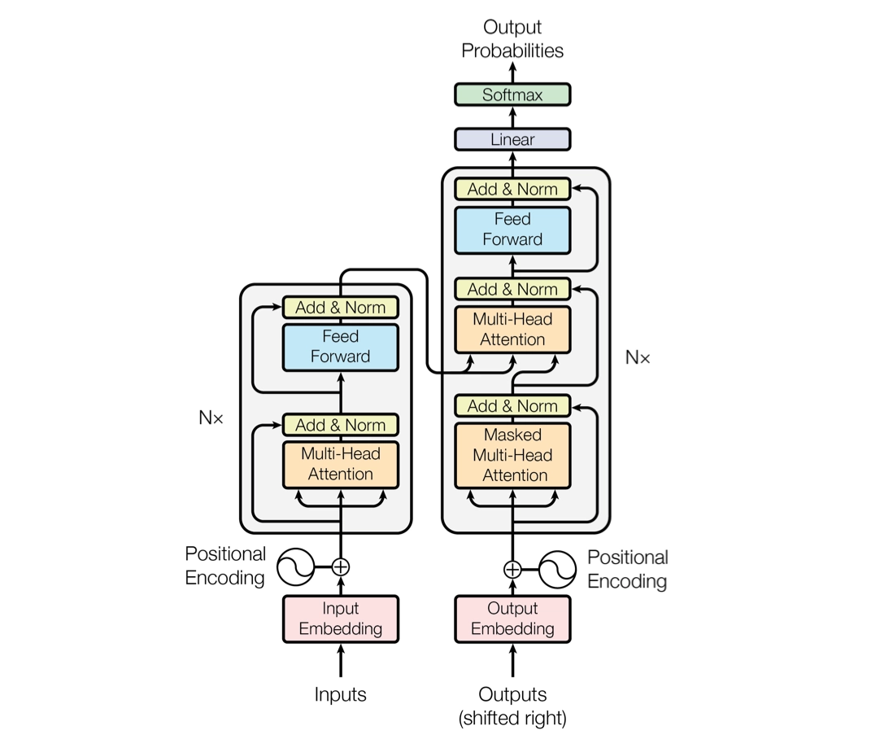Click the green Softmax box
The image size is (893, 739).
click(x=512, y=94)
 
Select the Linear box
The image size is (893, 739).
click(x=512, y=140)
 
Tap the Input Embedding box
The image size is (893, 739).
click(x=341, y=619)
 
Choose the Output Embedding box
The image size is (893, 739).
click(x=512, y=619)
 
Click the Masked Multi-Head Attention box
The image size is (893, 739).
click(x=512, y=455)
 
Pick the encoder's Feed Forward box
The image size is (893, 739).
click(x=341, y=347)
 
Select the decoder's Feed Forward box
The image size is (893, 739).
click(x=512, y=230)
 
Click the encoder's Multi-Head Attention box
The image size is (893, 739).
click(x=341, y=465)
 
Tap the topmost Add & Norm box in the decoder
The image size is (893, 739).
click(x=512, y=189)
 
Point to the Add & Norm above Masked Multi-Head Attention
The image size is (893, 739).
click(x=512, y=406)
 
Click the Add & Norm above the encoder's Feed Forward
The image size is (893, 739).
click(x=341, y=308)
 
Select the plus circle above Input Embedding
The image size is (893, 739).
click(x=341, y=567)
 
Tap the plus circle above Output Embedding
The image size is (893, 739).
click(x=512, y=569)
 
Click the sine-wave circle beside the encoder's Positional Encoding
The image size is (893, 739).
click(x=295, y=567)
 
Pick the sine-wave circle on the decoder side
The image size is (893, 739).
click(x=558, y=569)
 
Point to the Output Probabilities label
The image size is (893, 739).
click(x=512, y=39)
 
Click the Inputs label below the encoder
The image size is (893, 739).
click(x=341, y=694)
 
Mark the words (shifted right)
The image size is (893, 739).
click(x=512, y=718)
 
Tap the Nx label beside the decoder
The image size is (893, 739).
click(x=638, y=357)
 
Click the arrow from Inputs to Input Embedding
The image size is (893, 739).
click(x=341, y=660)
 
